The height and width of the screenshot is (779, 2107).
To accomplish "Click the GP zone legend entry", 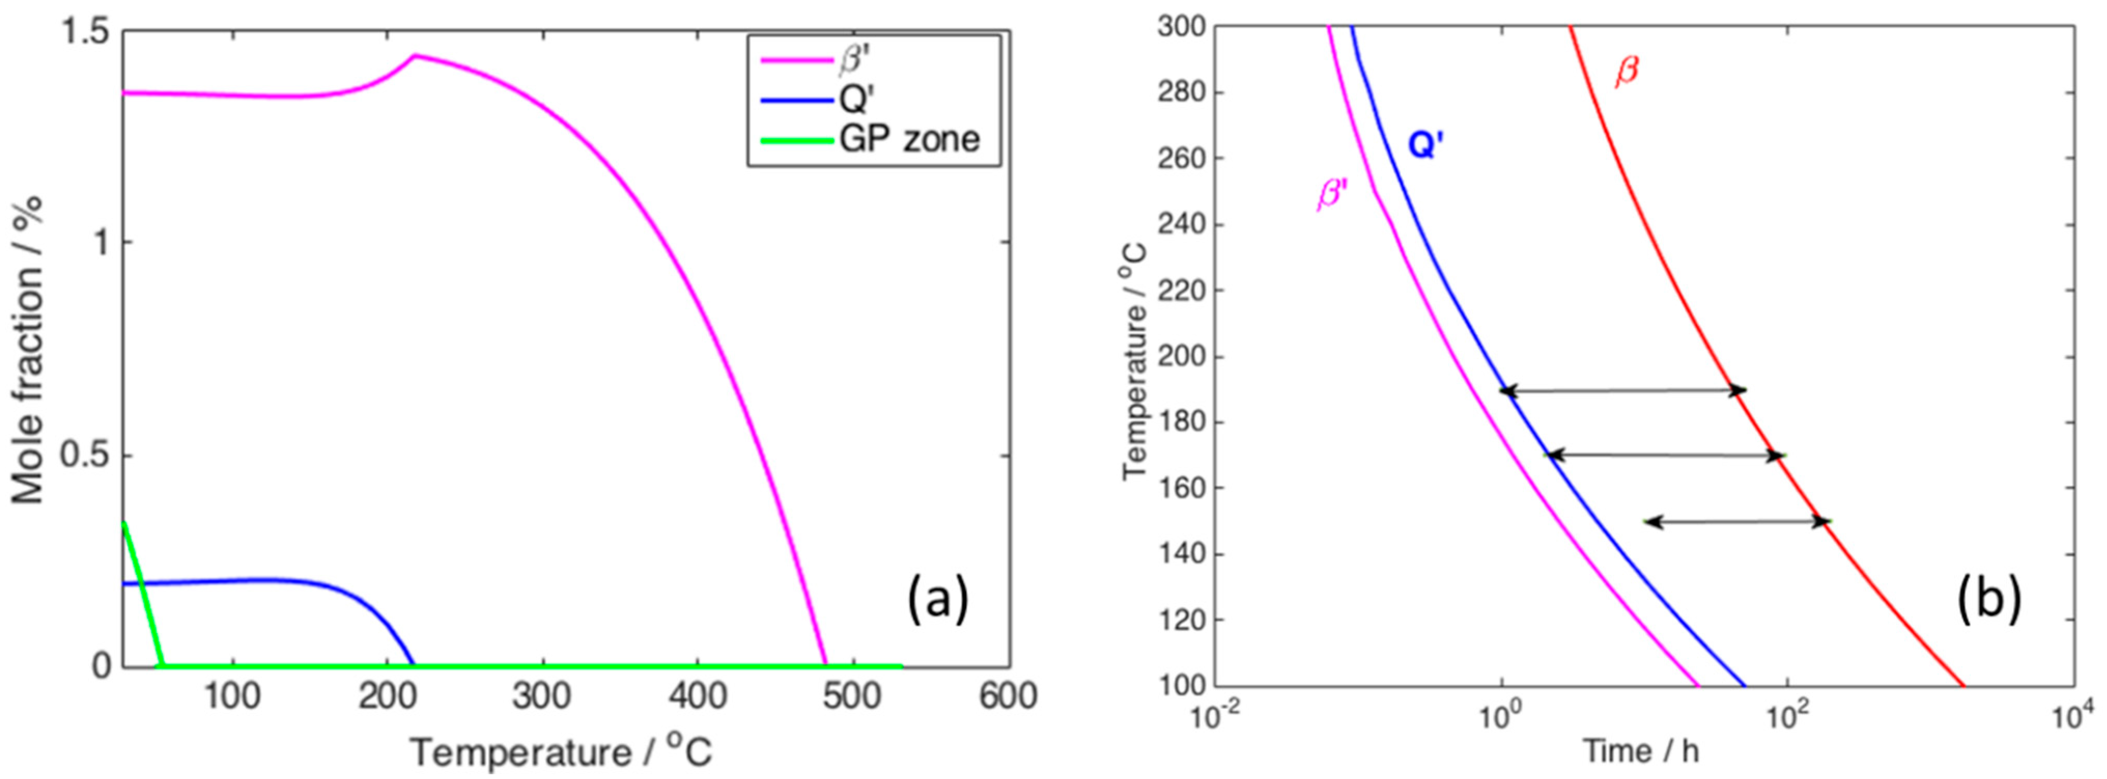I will click(x=908, y=139).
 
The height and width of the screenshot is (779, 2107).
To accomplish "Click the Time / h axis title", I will click(x=1641, y=750).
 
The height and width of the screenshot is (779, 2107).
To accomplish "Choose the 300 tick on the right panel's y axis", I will click(x=1181, y=27).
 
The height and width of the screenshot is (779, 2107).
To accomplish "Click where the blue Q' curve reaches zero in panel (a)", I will click(x=413, y=664).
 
